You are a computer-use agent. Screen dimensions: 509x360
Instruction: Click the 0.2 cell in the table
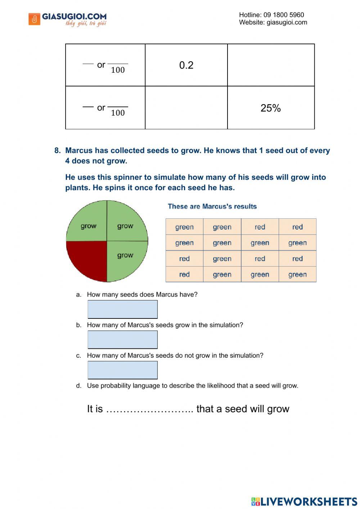point(186,65)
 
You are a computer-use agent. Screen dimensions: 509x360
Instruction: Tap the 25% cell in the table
point(271,108)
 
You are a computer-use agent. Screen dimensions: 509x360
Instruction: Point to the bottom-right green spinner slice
point(126,259)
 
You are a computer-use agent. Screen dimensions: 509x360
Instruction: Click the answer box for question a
point(122,309)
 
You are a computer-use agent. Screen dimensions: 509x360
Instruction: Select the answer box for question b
point(122,340)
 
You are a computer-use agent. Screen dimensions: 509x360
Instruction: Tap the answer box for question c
point(122,370)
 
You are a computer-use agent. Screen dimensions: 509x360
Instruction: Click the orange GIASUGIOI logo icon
point(34,19)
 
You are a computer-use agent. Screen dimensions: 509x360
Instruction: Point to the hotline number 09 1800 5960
point(284,15)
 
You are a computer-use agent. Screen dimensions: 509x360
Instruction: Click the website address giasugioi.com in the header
point(287,22)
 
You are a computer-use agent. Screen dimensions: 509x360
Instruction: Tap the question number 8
point(57,151)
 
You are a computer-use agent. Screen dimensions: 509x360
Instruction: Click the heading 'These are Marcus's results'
point(212,206)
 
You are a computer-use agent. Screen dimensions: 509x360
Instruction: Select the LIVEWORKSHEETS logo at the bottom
point(304,501)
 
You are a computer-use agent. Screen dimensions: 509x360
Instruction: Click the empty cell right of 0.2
point(271,65)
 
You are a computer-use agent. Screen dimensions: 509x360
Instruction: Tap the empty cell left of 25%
point(186,108)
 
